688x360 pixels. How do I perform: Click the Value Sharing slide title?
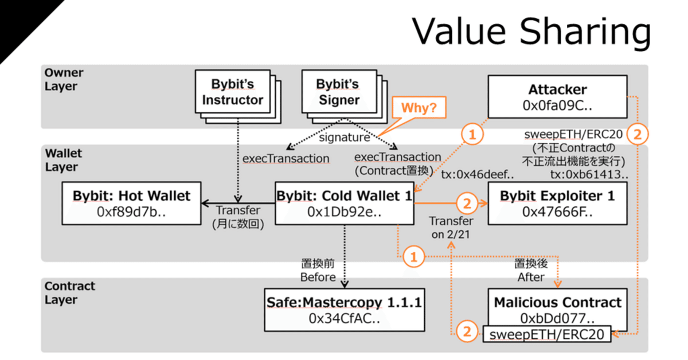pos(531,32)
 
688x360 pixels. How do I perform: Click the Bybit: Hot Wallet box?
pos(131,203)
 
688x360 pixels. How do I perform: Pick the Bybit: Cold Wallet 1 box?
pos(345,203)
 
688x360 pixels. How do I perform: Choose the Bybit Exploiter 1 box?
pos(557,203)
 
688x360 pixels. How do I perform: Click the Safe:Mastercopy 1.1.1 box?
pos(344,310)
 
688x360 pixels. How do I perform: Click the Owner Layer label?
pos(64,80)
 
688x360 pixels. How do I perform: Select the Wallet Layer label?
pos(64,160)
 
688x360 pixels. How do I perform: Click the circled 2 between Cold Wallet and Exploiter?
pos(466,204)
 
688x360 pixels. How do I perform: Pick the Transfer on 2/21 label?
pos(452,227)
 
